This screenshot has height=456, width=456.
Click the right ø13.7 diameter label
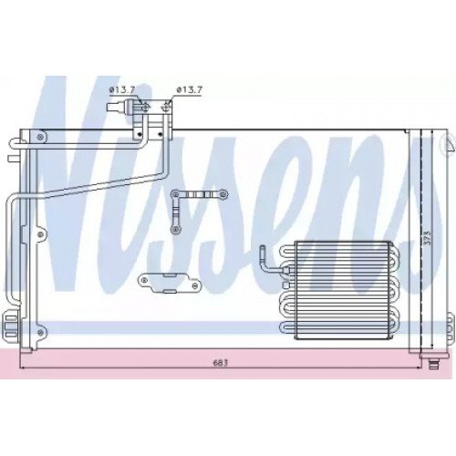coord(189,88)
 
